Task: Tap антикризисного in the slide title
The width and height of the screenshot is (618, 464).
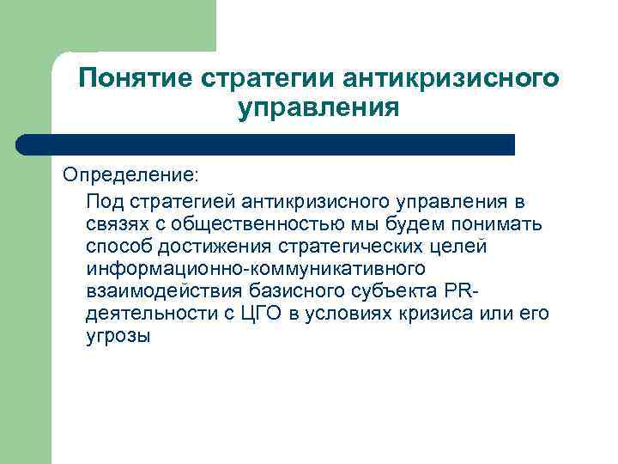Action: coord(451,79)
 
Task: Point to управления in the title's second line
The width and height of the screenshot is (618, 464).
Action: coord(318,109)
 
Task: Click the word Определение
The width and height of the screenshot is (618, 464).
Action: coord(129,174)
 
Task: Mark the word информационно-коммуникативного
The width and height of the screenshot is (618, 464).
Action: coord(256,269)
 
